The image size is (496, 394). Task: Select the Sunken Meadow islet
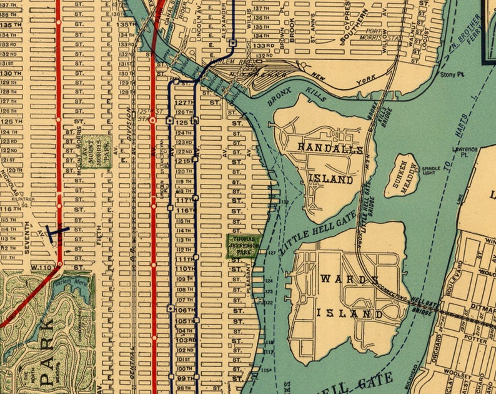pyautogui.click(x=400, y=175)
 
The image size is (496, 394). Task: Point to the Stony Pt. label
pyautogui.click(x=449, y=74)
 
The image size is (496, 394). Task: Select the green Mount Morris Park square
pyautogui.click(x=97, y=150)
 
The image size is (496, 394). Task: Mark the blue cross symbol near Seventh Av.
pyautogui.click(x=57, y=231)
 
